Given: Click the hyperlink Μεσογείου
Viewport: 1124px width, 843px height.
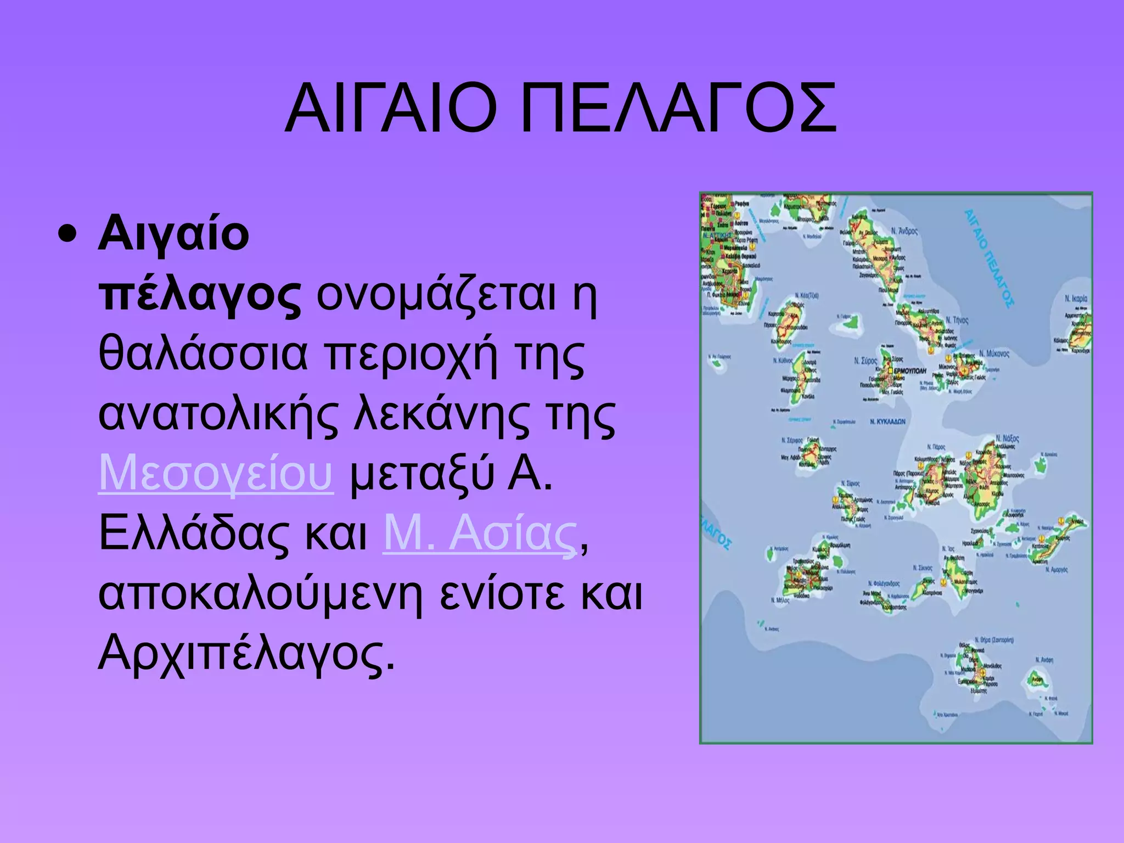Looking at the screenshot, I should pyautogui.click(x=216, y=473).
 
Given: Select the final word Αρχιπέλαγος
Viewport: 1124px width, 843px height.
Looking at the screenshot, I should pyautogui.click(x=246, y=654).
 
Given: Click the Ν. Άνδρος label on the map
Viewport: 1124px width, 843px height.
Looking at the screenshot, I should pyautogui.click(x=904, y=231).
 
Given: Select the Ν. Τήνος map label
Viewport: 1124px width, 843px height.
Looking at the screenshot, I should pyautogui.click(x=957, y=320).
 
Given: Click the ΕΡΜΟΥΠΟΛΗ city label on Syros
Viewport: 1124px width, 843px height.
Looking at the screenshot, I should pyautogui.click(x=909, y=372).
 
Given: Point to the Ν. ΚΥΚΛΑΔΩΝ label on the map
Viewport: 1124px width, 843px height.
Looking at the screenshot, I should pyautogui.click(x=887, y=421).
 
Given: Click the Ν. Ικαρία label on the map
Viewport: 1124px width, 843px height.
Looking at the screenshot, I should pyautogui.click(x=1075, y=299).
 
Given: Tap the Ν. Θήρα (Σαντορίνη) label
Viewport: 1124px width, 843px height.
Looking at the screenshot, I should pyautogui.click(x=994, y=640).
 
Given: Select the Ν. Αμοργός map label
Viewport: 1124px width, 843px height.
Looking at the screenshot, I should pyautogui.click(x=1056, y=570).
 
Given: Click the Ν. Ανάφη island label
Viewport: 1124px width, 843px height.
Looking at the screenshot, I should pyautogui.click(x=1044, y=660).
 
